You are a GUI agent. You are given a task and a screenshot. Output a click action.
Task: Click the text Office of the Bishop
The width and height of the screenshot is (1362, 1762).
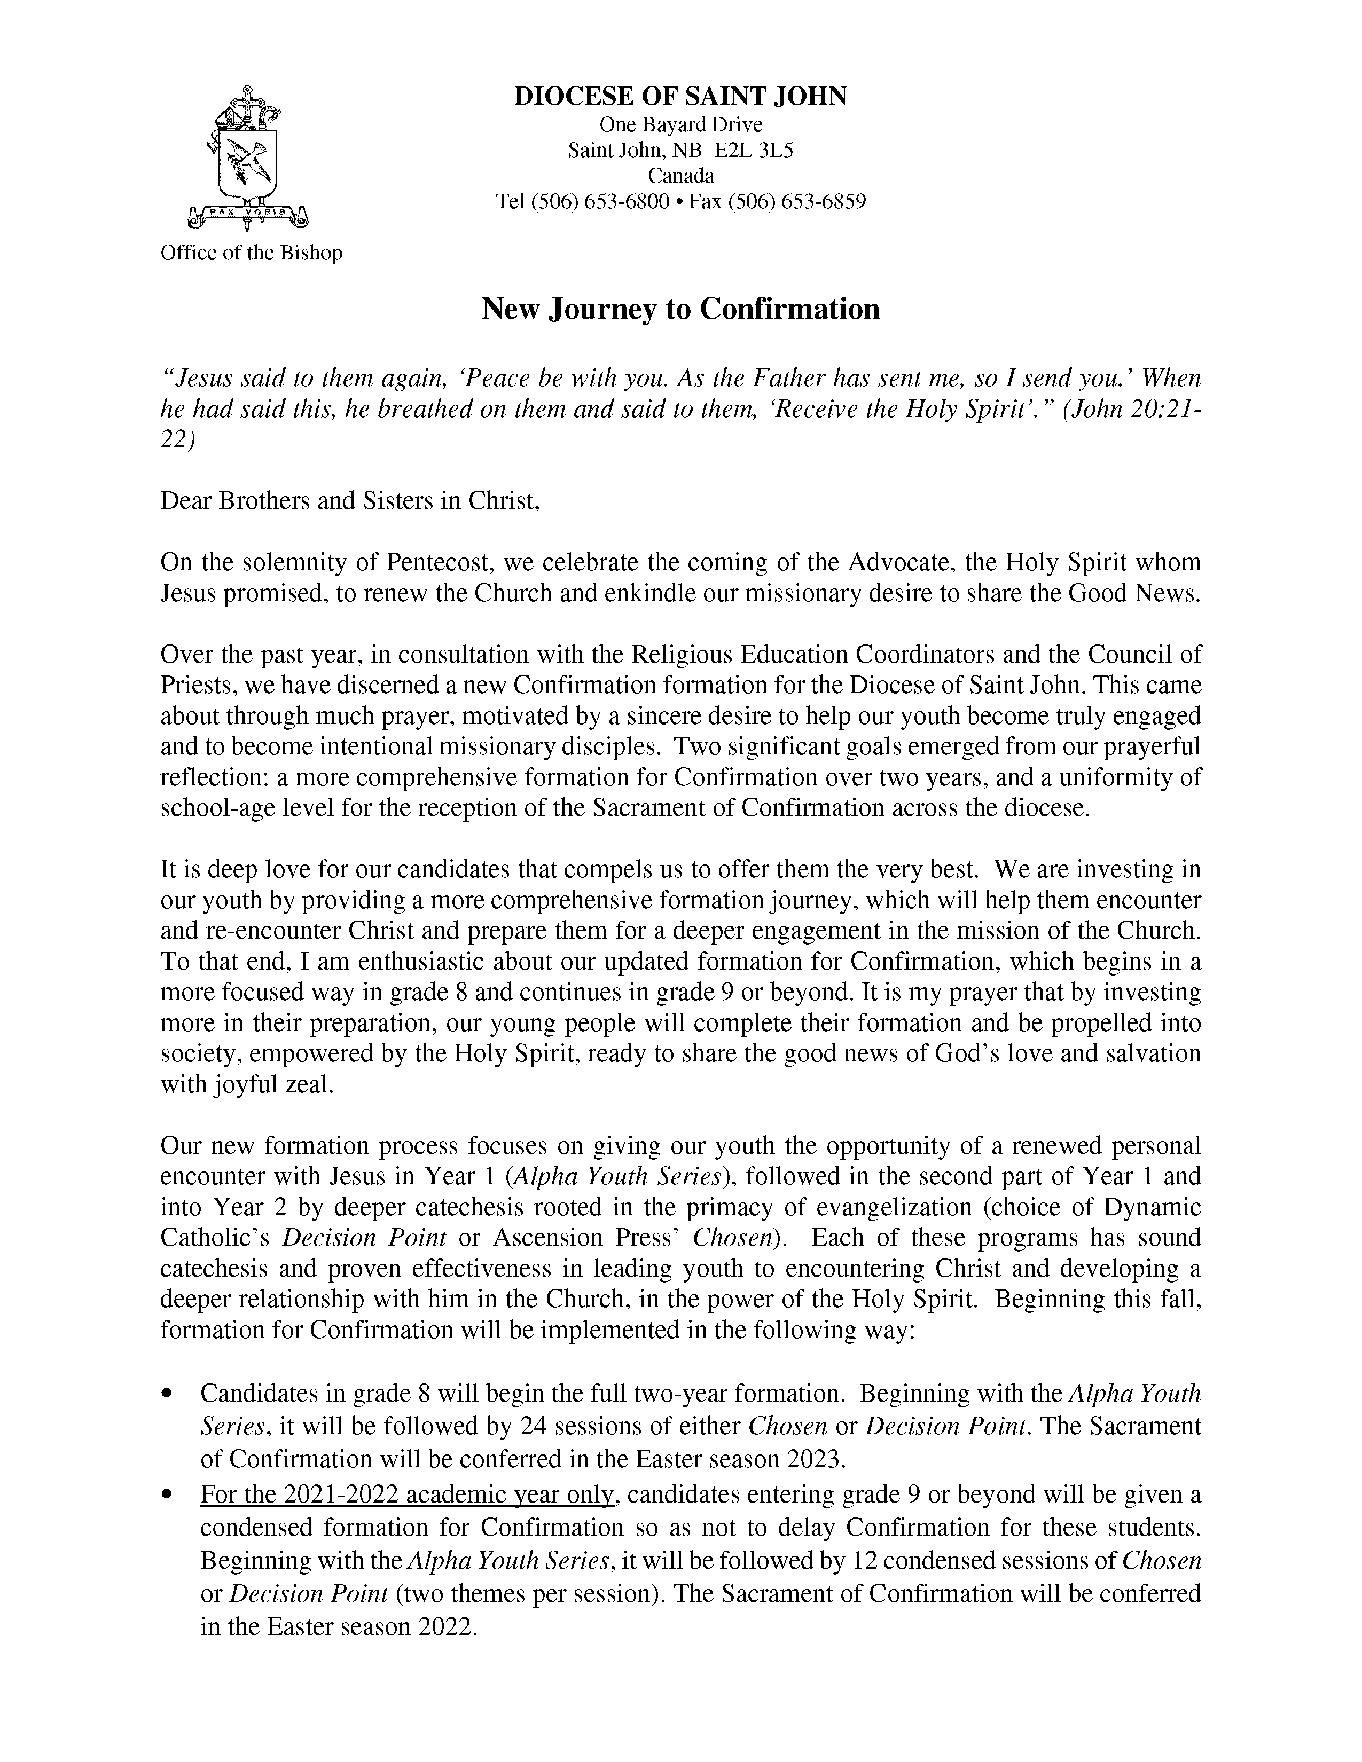251,253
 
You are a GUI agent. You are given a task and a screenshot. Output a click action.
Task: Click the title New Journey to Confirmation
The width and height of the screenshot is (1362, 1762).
680,309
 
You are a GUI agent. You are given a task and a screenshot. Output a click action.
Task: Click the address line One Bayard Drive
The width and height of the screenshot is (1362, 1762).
680,124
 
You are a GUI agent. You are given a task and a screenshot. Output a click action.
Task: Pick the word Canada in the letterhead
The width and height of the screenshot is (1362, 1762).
680,176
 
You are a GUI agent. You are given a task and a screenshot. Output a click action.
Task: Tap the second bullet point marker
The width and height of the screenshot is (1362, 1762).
168,1495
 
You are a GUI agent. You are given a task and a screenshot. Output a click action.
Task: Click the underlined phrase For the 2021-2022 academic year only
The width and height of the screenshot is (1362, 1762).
408,1495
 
